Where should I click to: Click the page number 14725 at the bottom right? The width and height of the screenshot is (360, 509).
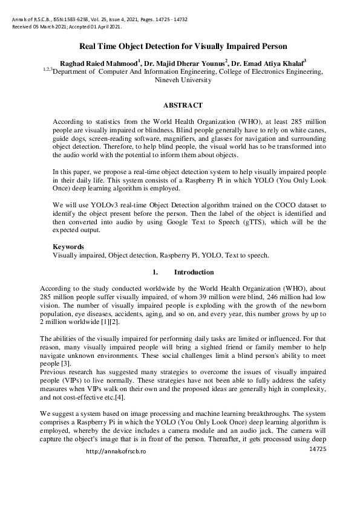pos(318,450)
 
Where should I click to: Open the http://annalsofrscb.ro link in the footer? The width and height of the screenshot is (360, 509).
pos(116,452)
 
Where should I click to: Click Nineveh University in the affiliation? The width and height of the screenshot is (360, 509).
pos(184,79)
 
